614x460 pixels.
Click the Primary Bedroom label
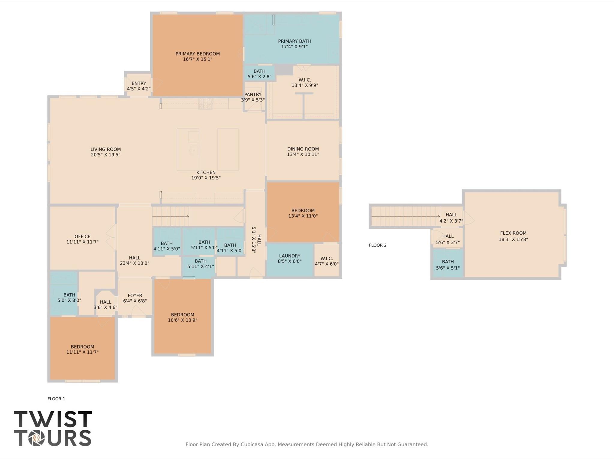(x=197, y=54)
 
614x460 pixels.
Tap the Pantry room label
(x=253, y=94)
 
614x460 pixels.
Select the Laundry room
(x=289, y=258)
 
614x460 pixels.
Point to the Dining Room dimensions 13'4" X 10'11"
(x=303, y=154)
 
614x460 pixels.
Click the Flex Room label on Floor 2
(x=513, y=233)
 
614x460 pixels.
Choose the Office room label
(x=82, y=236)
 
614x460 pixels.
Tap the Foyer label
(x=135, y=295)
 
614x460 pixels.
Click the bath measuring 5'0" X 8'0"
(x=69, y=298)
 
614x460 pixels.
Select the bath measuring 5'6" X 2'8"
(x=259, y=74)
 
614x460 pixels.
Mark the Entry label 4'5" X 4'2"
(x=139, y=86)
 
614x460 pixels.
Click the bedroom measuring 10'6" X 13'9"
(x=182, y=317)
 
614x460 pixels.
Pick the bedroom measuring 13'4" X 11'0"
(x=303, y=213)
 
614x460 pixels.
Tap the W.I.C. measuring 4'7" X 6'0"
(x=326, y=261)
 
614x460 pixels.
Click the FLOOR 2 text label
(x=377, y=245)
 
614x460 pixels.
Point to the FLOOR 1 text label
(x=56, y=399)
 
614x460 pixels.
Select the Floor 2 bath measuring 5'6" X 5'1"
(x=448, y=265)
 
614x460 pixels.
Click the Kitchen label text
(x=206, y=172)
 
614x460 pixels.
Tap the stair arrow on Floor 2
(x=405, y=216)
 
